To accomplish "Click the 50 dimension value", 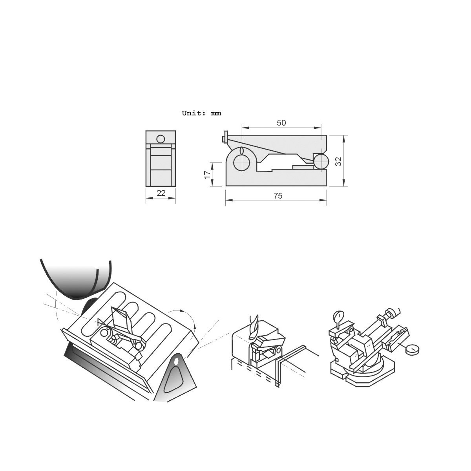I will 281,122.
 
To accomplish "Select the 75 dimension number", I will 278,196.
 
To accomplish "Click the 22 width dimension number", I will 161,193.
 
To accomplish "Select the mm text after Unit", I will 216,113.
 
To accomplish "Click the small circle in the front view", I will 161,139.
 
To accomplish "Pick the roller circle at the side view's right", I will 321,161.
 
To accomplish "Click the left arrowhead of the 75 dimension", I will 228,200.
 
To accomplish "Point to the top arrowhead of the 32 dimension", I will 344,137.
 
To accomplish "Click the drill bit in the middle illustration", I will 253,324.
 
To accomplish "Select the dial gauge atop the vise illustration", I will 338,316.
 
